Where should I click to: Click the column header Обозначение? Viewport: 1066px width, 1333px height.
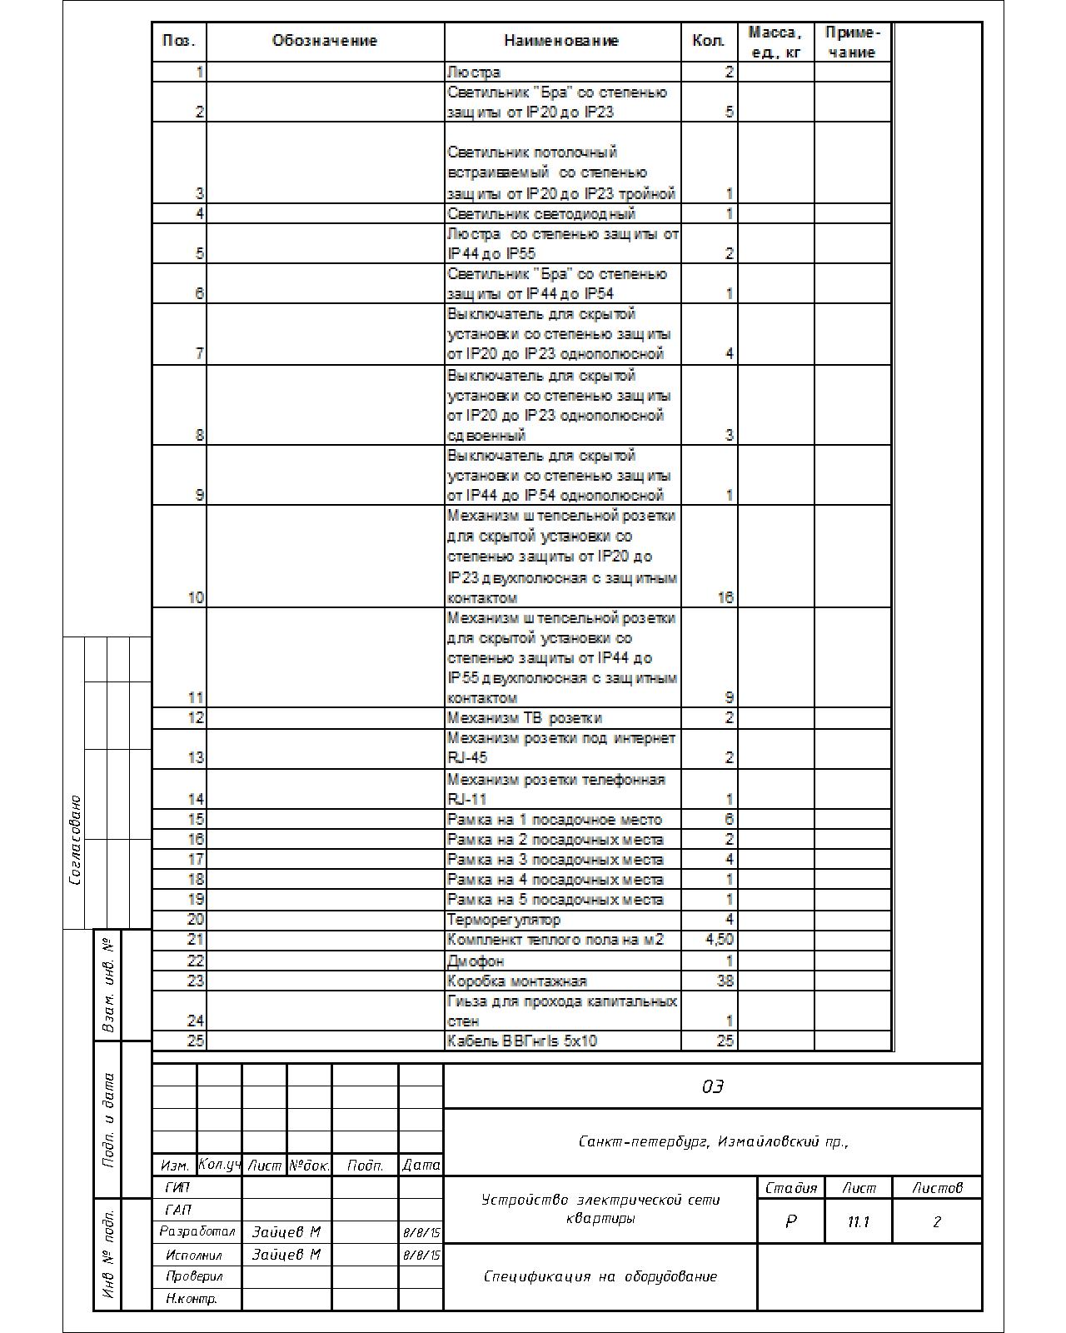325,41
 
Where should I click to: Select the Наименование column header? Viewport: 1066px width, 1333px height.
561,41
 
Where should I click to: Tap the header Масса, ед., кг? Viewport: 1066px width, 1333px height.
775,42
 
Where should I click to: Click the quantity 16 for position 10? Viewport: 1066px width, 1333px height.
725,597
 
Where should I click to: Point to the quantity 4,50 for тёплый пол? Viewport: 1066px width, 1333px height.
720,940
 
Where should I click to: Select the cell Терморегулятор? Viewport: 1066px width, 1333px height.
504,920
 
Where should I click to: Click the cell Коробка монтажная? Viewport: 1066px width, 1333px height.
517,981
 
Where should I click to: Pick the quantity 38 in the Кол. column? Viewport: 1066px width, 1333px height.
725,981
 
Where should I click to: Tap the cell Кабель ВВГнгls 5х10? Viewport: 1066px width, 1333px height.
522,1041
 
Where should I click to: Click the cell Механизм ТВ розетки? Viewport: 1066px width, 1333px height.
525,717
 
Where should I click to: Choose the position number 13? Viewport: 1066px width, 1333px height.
195,757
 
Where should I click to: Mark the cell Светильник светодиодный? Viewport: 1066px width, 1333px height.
541,213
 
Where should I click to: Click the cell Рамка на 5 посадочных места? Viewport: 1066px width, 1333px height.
555,900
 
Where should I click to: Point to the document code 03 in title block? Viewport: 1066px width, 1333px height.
713,1086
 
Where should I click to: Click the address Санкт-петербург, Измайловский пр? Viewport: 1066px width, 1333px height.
713,1141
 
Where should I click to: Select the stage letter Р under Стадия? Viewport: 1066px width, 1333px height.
790,1221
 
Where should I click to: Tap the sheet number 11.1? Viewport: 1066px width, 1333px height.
858,1221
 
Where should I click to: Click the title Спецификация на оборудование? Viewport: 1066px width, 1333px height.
600,1276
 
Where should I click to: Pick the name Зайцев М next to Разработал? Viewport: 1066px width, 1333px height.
286,1231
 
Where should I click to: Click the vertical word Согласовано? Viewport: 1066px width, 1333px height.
76,840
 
